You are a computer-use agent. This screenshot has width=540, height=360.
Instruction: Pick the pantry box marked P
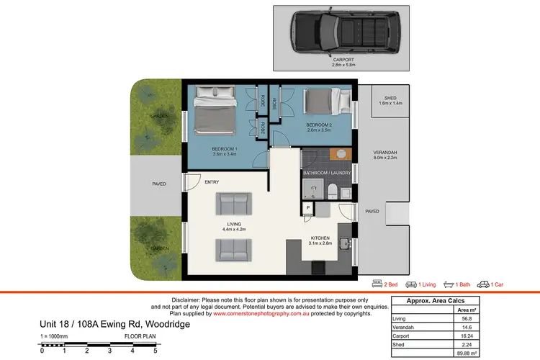click(307, 208)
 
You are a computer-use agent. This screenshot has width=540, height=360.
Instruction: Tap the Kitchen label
click(320, 238)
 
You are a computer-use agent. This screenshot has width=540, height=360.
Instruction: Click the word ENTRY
click(212, 182)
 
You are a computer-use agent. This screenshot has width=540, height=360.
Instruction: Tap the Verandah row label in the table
click(403, 327)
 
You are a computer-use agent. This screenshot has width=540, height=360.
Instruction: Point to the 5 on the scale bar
click(154, 351)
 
